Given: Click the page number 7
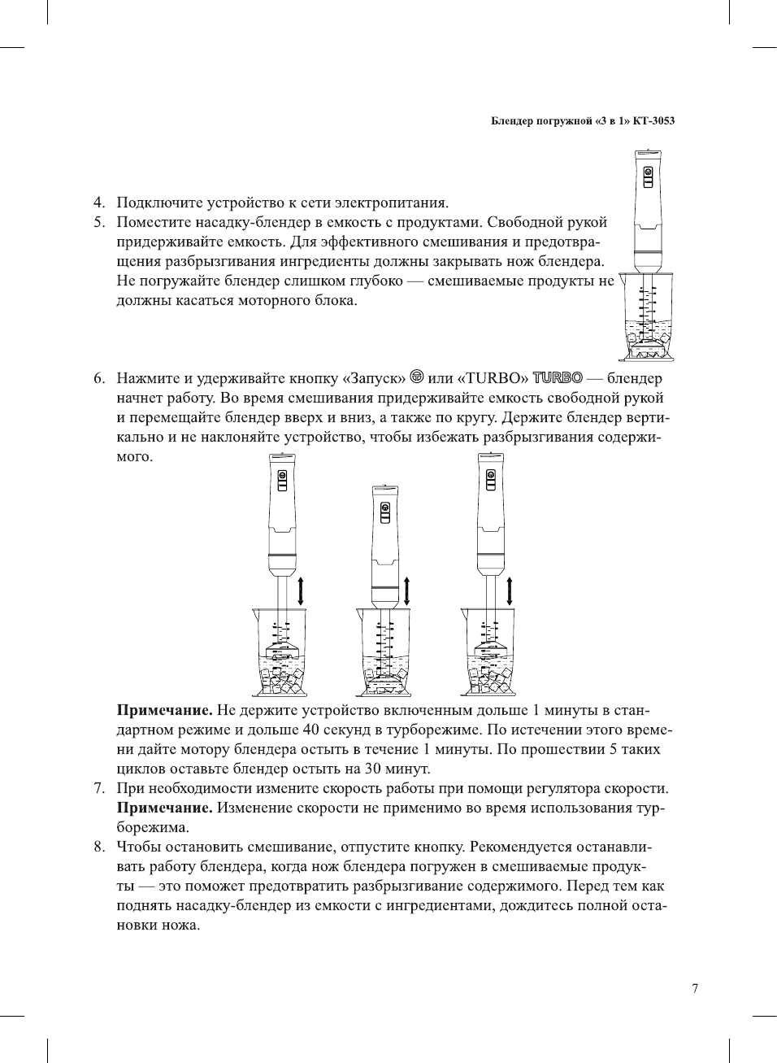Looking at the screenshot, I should tap(694, 988).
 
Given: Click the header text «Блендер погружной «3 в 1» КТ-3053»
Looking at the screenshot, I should tap(583, 121).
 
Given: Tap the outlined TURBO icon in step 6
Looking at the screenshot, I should tap(558, 377).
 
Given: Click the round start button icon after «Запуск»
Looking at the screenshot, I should tap(417, 377).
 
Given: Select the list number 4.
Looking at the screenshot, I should tap(98, 203).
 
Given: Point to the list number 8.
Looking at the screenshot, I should tap(98, 847).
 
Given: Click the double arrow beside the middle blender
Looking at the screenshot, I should tap(406, 590).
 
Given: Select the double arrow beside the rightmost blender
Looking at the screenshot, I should tap(510, 590).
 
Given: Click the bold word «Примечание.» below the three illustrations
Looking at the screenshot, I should tap(164, 710).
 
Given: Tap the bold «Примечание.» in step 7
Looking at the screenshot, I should tap(164, 808).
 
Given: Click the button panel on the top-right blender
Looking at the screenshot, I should tap(648, 176).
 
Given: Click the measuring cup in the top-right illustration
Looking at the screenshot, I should tap(647, 317).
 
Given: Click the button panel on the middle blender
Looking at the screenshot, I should tap(385, 512).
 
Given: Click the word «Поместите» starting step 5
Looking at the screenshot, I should tap(154, 222).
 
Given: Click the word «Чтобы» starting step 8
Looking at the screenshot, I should tap(137, 847).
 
